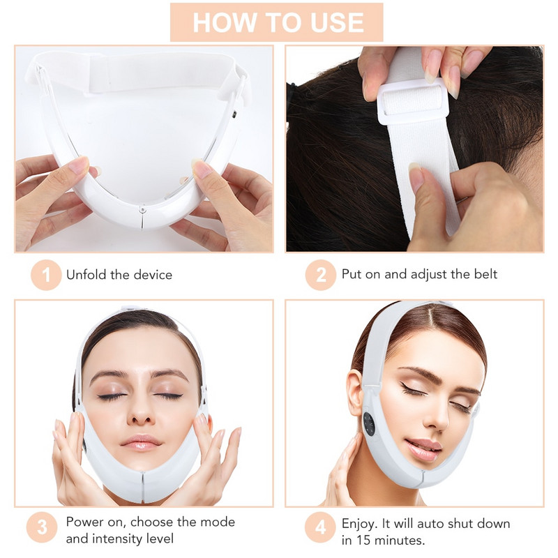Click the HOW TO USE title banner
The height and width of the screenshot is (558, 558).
(277, 22)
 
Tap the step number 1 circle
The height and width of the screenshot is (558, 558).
(47, 274)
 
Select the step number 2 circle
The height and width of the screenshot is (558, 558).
(321, 274)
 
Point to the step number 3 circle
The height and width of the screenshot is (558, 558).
(42, 530)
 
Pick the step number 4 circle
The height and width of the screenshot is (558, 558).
(321, 530)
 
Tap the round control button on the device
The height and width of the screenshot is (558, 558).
(369, 424)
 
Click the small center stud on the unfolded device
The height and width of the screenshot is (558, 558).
(142, 207)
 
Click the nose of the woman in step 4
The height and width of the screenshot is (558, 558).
(437, 422)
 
